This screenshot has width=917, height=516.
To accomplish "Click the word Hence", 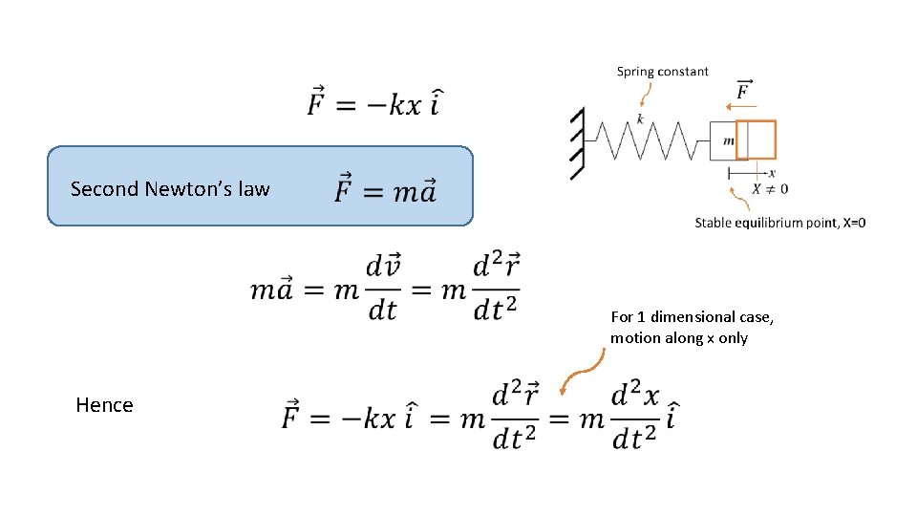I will pos(104,405).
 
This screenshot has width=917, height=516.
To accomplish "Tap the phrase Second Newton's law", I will pos(170,189).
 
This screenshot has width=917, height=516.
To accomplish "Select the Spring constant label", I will pos(662,72).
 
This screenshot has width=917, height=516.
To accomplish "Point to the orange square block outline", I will pos(756,140).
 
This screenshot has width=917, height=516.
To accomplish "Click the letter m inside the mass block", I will pos(729,140).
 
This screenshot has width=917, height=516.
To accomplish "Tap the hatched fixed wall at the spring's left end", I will pos(575,143).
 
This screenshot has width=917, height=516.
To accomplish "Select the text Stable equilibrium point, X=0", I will pos(780,223).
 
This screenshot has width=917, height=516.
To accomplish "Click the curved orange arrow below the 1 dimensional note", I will pos(582,372).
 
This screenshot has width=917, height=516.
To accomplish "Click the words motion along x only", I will pos(679,338).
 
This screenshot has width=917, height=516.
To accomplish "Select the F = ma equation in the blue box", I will pos(386,189).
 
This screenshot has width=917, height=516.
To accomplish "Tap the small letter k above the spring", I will pos(640,118).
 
